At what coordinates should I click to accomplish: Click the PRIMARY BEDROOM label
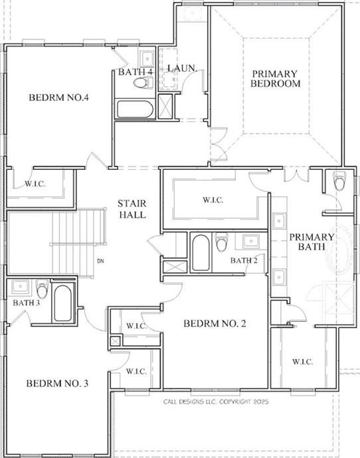[x=275, y=78]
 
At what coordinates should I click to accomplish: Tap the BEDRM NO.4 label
[x=58, y=98]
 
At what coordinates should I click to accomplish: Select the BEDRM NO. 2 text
[x=215, y=323]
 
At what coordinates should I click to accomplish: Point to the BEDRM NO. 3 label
[x=57, y=383]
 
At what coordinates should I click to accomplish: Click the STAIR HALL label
[x=132, y=209]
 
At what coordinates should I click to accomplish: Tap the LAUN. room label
[x=182, y=68]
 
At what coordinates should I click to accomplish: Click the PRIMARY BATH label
[x=312, y=242]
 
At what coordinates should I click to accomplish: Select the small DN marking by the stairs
[x=100, y=261]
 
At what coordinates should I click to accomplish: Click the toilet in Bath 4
[x=143, y=83]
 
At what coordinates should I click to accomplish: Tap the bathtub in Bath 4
[x=135, y=109]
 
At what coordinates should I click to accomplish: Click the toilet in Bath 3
[x=43, y=289]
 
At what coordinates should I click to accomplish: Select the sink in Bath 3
[x=20, y=287]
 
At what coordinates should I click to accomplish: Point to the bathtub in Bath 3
[x=63, y=303]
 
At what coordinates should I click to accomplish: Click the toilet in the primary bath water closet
[x=339, y=181]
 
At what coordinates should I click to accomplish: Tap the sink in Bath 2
[x=251, y=241]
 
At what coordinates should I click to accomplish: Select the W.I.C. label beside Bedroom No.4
[x=35, y=184]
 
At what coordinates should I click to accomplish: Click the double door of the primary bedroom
[x=219, y=144]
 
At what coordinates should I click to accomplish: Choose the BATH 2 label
[x=244, y=260]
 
